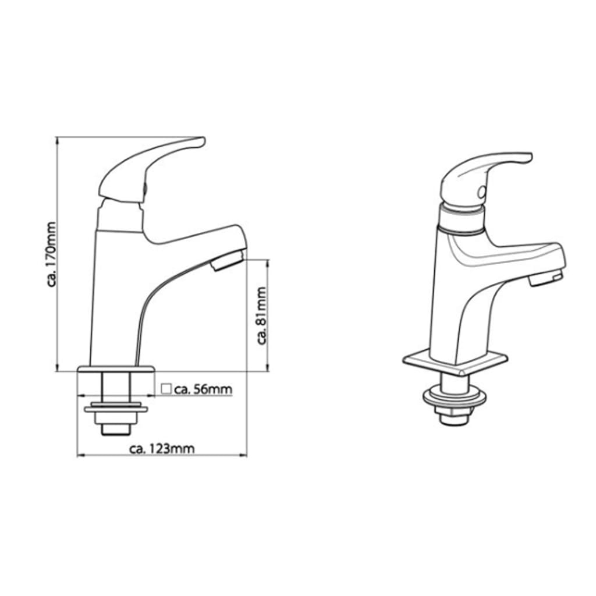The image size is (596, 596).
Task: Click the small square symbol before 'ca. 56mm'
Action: click(166, 389)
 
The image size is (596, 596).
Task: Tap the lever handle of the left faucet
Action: click(151, 166)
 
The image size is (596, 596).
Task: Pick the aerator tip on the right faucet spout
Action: click(546, 279)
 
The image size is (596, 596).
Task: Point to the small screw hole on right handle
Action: click(480, 190)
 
